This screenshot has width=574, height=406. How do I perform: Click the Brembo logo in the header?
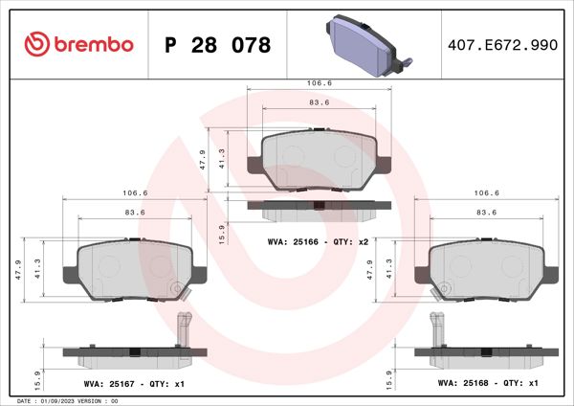click(77, 45)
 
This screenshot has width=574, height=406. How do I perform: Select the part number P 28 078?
click(218, 45)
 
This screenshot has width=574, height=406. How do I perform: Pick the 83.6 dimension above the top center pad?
click(320, 102)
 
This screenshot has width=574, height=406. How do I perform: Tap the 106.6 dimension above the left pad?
click(135, 192)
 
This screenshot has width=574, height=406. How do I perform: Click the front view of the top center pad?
click(320, 159)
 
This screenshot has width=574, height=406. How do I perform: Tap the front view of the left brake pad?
click(135, 271)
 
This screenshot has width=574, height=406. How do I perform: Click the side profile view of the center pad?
click(320, 205)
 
